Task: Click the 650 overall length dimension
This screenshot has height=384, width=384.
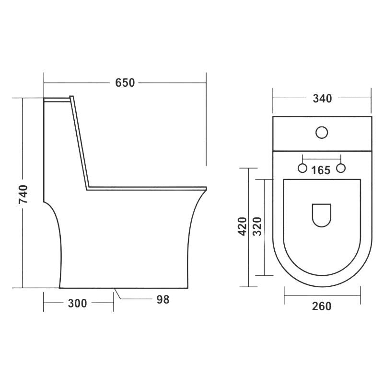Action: (x=125, y=83)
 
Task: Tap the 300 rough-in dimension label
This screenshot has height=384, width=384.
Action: (x=77, y=303)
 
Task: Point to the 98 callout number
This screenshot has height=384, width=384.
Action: (x=163, y=300)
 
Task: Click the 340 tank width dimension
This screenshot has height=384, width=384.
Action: (x=322, y=99)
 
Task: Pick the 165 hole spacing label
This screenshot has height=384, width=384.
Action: (x=321, y=169)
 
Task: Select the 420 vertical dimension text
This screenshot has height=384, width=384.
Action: (x=242, y=226)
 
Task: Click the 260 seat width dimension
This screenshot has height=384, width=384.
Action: (x=322, y=306)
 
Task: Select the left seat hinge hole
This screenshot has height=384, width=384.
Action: (x=303, y=168)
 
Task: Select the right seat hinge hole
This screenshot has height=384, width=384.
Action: (x=341, y=168)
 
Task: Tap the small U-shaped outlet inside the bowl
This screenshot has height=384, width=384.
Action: (x=322, y=215)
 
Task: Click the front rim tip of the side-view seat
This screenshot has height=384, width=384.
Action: (x=205, y=188)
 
